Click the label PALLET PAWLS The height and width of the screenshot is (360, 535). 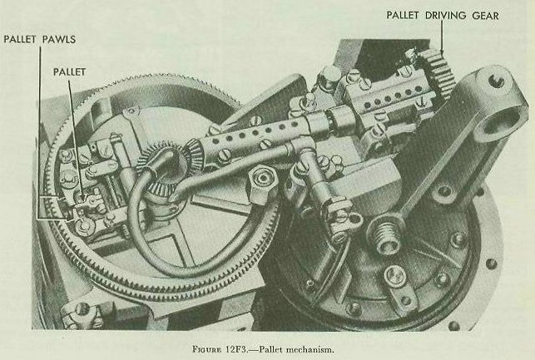40,39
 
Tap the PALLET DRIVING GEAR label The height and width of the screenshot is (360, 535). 443,15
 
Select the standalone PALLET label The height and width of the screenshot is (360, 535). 69,72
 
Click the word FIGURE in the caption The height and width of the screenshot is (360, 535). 207,349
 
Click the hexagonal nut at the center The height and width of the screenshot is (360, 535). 263,178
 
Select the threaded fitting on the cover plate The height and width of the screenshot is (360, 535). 385,236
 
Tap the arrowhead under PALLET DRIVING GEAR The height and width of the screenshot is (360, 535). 442,52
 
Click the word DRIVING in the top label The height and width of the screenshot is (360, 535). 445,15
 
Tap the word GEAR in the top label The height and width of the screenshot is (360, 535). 485,15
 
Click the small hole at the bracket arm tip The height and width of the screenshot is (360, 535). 496,81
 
